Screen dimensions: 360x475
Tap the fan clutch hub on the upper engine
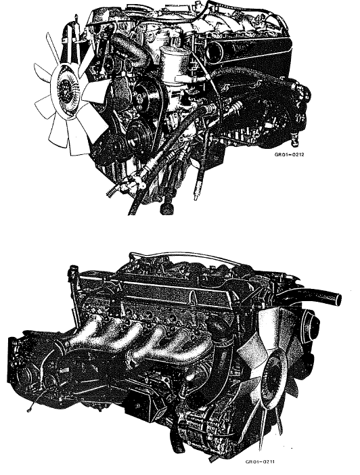pos(66,87)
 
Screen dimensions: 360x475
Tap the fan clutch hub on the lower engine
pos(273,375)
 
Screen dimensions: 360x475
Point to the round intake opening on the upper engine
pos(215,52)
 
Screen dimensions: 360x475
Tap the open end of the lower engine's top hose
pos(337,299)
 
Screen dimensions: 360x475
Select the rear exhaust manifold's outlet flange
pos(58,348)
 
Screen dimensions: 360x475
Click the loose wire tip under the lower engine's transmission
pos(29,411)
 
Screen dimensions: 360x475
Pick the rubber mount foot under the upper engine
pos(166,208)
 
